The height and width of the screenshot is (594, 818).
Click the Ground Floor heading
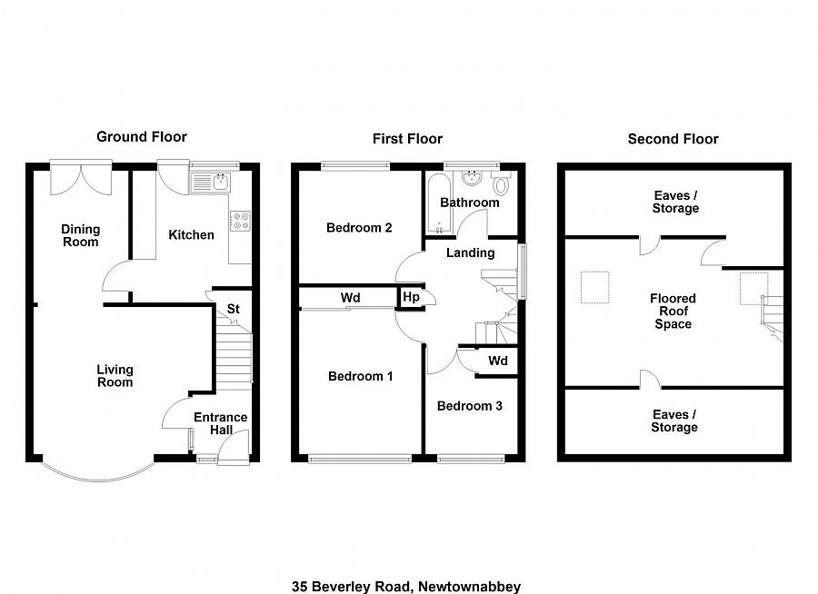[x=142, y=137]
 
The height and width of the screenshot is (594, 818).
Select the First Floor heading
[x=407, y=139]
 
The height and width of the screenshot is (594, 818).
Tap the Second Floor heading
[x=673, y=139]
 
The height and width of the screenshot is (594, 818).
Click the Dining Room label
[x=80, y=235]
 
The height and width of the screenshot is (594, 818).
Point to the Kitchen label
[x=192, y=235]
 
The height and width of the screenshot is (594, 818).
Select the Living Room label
[x=115, y=375]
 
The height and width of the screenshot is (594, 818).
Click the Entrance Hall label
[x=221, y=423]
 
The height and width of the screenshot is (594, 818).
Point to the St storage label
[x=233, y=310]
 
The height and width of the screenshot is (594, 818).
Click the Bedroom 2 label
[x=359, y=228]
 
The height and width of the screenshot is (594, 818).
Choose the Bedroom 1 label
[x=360, y=376]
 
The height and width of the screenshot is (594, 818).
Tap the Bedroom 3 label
[x=469, y=406]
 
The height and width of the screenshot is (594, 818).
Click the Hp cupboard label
[x=410, y=297]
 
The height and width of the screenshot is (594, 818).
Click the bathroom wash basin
[x=471, y=176]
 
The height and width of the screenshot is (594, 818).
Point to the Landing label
[x=470, y=253]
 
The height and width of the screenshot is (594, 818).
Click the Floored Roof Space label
[x=673, y=312]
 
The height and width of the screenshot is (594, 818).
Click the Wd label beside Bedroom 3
[x=497, y=361]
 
